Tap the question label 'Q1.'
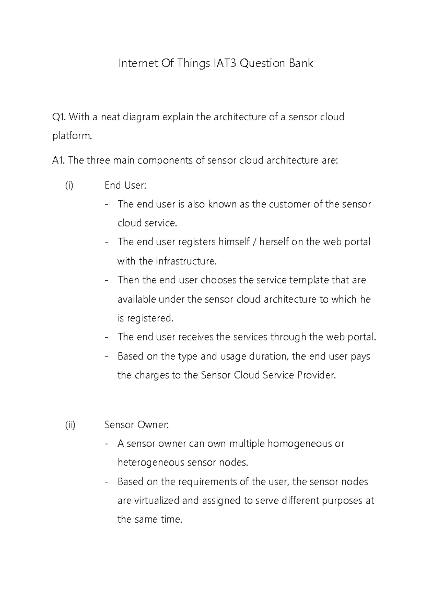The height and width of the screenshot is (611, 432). [59, 117]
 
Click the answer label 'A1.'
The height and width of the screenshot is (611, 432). [58, 160]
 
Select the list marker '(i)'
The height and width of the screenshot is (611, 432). [69, 186]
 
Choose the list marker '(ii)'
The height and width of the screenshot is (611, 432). [70, 425]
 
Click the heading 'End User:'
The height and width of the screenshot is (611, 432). [125, 186]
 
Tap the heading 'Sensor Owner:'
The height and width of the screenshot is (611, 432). [136, 425]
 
